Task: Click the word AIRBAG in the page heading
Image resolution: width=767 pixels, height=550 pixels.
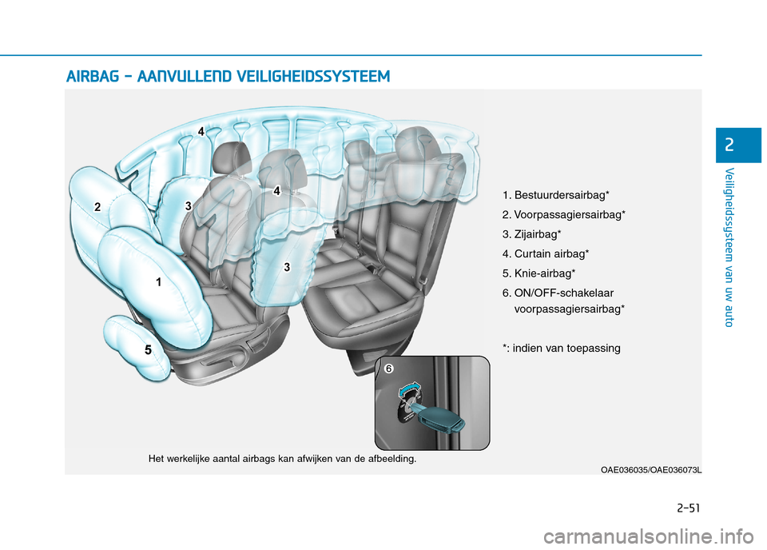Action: (93, 77)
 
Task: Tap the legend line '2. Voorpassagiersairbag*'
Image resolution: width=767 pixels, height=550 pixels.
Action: (563, 215)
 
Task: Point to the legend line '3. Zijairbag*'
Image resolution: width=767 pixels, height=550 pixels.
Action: (531, 234)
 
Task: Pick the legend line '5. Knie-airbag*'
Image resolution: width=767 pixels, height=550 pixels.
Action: (539, 273)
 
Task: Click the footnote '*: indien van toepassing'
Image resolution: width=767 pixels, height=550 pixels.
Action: (561, 348)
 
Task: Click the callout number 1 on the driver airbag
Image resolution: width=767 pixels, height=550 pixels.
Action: (158, 282)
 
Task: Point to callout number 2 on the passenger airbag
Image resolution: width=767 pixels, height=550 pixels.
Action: (97, 207)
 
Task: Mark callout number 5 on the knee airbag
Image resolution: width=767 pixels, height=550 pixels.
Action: (148, 350)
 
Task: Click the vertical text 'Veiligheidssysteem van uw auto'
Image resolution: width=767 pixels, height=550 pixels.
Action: (730, 249)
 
